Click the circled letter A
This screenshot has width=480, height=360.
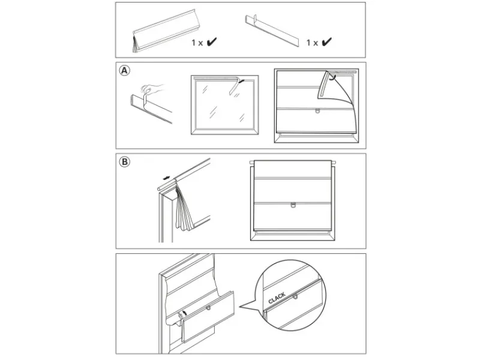[x=124, y=71]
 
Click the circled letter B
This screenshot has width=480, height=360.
[x=124, y=162]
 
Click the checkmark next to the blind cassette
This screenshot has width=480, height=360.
[x=211, y=43]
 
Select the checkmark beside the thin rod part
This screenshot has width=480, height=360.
[x=326, y=43]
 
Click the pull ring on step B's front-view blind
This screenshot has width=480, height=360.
[x=293, y=205]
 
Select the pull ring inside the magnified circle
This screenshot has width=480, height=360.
[x=295, y=296]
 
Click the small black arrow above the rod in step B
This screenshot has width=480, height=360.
[x=167, y=178]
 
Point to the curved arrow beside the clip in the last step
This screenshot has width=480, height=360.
[x=185, y=312]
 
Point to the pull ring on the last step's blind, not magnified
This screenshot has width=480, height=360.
[x=208, y=307]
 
